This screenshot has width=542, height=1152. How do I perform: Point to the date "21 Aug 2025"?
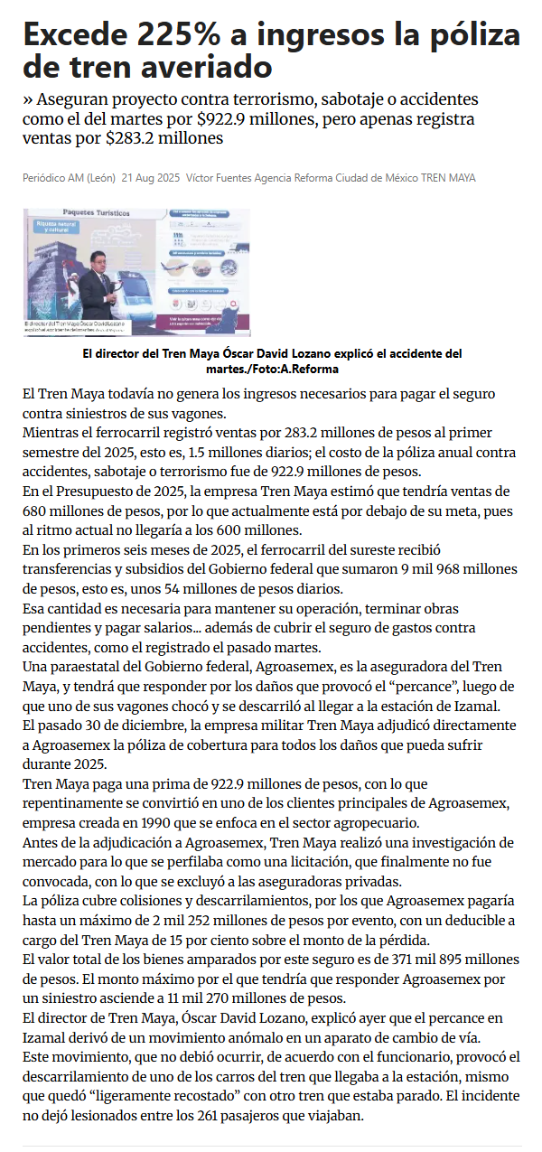click(x=151, y=178)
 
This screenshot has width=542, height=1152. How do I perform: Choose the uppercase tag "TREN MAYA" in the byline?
click(x=448, y=178)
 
